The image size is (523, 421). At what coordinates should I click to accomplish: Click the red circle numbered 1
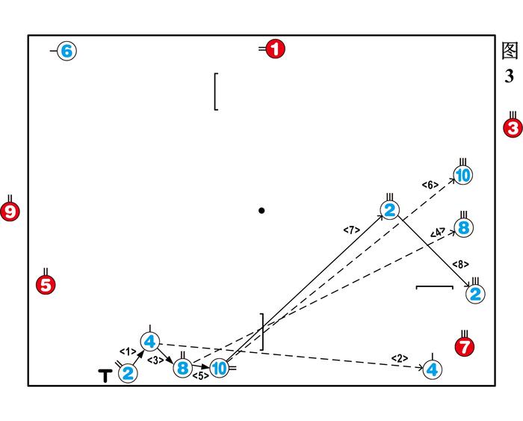[275, 50]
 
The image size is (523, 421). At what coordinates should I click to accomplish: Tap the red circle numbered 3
[513, 128]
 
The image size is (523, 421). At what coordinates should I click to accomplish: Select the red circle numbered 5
[46, 284]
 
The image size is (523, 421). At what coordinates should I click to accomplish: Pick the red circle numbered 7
[465, 346]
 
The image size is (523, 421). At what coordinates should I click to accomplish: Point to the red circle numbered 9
[10, 212]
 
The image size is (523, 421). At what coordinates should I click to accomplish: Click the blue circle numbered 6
[66, 51]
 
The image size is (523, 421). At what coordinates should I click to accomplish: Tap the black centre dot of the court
[261, 211]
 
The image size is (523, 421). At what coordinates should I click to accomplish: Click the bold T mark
[105, 375]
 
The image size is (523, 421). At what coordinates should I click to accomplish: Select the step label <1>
[128, 351]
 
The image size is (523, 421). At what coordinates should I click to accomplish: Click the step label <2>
[400, 358]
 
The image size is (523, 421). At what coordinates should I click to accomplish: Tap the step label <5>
[200, 376]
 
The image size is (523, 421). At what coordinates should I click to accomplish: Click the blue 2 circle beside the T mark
[128, 373]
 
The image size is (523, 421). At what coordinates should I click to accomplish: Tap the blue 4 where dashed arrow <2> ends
[431, 369]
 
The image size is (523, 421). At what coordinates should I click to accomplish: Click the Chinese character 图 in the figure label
[510, 51]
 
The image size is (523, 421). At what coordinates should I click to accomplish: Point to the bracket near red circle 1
[216, 91]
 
